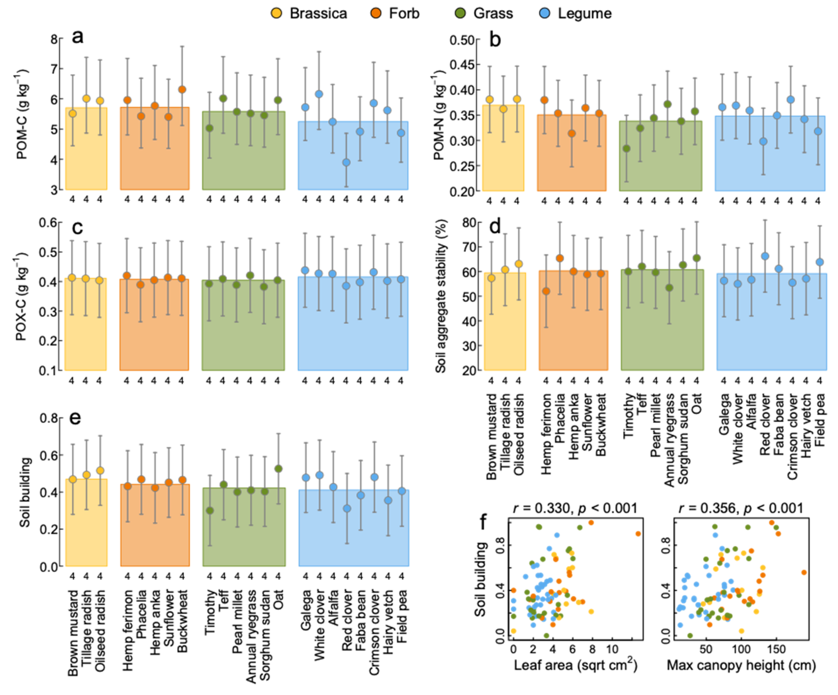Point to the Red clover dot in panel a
coord(346,162)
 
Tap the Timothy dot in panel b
coord(626,148)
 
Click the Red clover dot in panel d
coord(765,256)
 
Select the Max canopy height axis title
coord(741,665)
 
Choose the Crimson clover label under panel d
coord(792,437)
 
